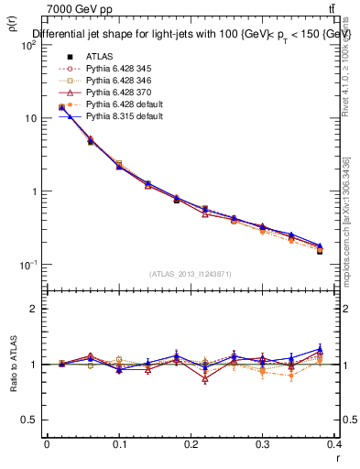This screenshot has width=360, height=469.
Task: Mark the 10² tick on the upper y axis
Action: point(30,46)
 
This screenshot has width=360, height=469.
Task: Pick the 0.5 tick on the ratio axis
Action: point(31,420)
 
